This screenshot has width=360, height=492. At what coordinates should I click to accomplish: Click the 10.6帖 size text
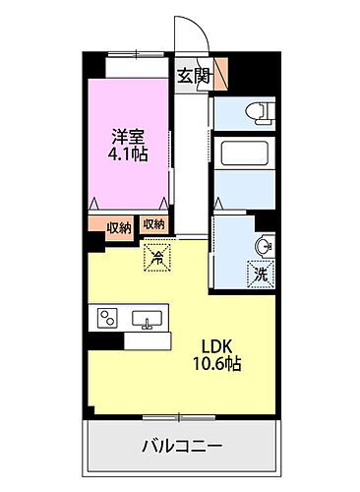(218, 363)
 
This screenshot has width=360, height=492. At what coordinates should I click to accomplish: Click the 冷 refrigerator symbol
(157, 258)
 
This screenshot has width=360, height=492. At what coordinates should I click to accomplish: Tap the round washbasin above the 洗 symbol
(262, 246)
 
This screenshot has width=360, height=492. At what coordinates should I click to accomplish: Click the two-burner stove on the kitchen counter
(105, 318)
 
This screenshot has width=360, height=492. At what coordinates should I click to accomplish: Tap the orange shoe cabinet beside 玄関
(219, 71)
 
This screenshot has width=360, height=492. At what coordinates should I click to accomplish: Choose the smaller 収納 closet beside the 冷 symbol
(153, 224)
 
